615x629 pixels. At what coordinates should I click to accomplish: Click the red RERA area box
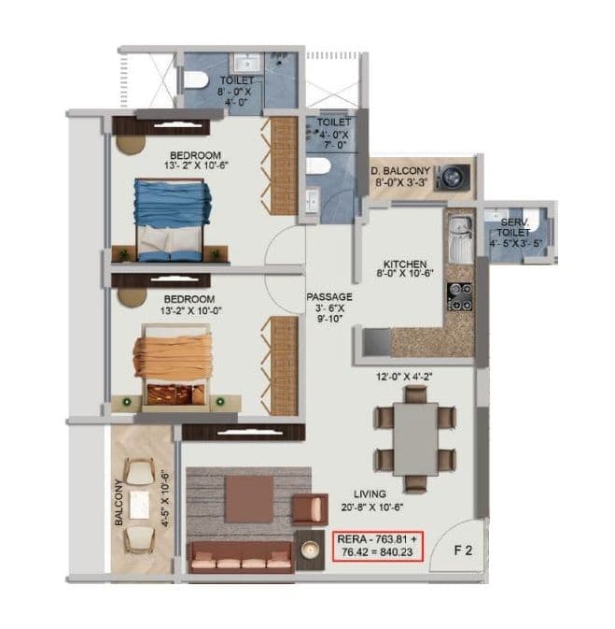pyautogui.click(x=378, y=546)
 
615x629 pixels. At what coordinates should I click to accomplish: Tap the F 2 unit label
pyautogui.click(x=463, y=550)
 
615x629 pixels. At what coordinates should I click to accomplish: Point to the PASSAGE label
pyautogui.click(x=328, y=297)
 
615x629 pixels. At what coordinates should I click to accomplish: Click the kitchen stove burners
pyautogui.click(x=459, y=296)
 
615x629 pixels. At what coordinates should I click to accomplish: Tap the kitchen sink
pyautogui.click(x=458, y=237)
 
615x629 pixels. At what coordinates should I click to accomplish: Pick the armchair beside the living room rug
pyautogui.click(x=304, y=508)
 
